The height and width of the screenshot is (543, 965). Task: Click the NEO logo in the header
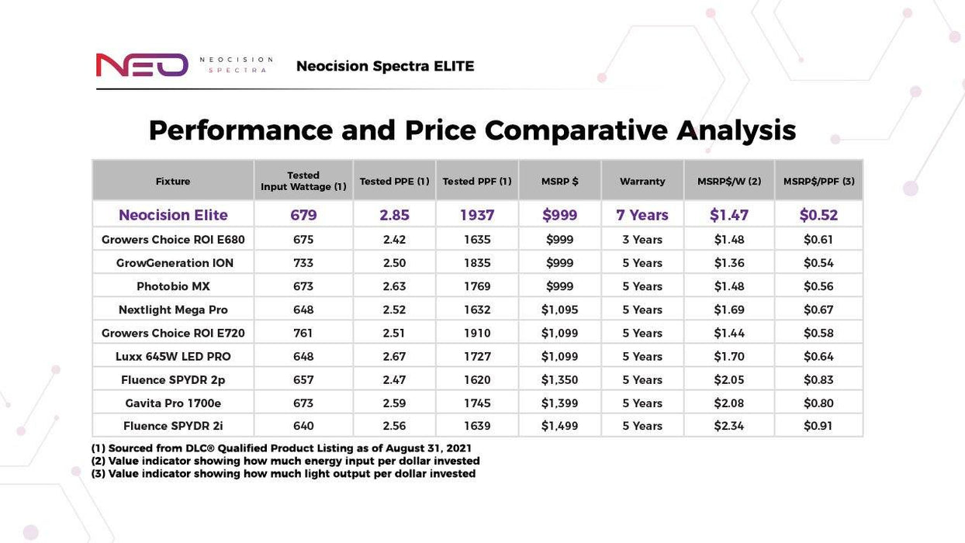142,65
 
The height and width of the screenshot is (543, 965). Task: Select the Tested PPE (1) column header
394,182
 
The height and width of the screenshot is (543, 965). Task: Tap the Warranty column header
642,182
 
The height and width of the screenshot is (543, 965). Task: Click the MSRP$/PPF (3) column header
818,182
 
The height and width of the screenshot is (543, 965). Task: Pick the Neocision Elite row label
173,215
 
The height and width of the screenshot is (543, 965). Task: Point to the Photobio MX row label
173,286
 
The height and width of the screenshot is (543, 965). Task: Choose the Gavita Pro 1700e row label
173,403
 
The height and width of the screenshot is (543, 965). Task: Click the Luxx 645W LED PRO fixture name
173,357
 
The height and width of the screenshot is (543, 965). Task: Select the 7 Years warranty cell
642,215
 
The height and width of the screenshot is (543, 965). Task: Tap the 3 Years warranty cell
642,240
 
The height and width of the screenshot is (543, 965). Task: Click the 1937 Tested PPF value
477,215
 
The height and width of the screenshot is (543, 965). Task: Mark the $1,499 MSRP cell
559,426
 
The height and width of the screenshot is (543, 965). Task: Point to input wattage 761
303,334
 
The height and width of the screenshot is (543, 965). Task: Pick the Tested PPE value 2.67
394,357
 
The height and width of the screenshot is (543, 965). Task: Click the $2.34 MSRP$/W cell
729,426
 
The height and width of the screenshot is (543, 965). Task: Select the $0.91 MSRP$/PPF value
818,426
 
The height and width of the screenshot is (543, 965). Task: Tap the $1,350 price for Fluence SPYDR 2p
559,380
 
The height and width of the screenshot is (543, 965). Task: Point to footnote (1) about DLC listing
282,448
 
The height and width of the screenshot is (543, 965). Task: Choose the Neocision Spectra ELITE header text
385,67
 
